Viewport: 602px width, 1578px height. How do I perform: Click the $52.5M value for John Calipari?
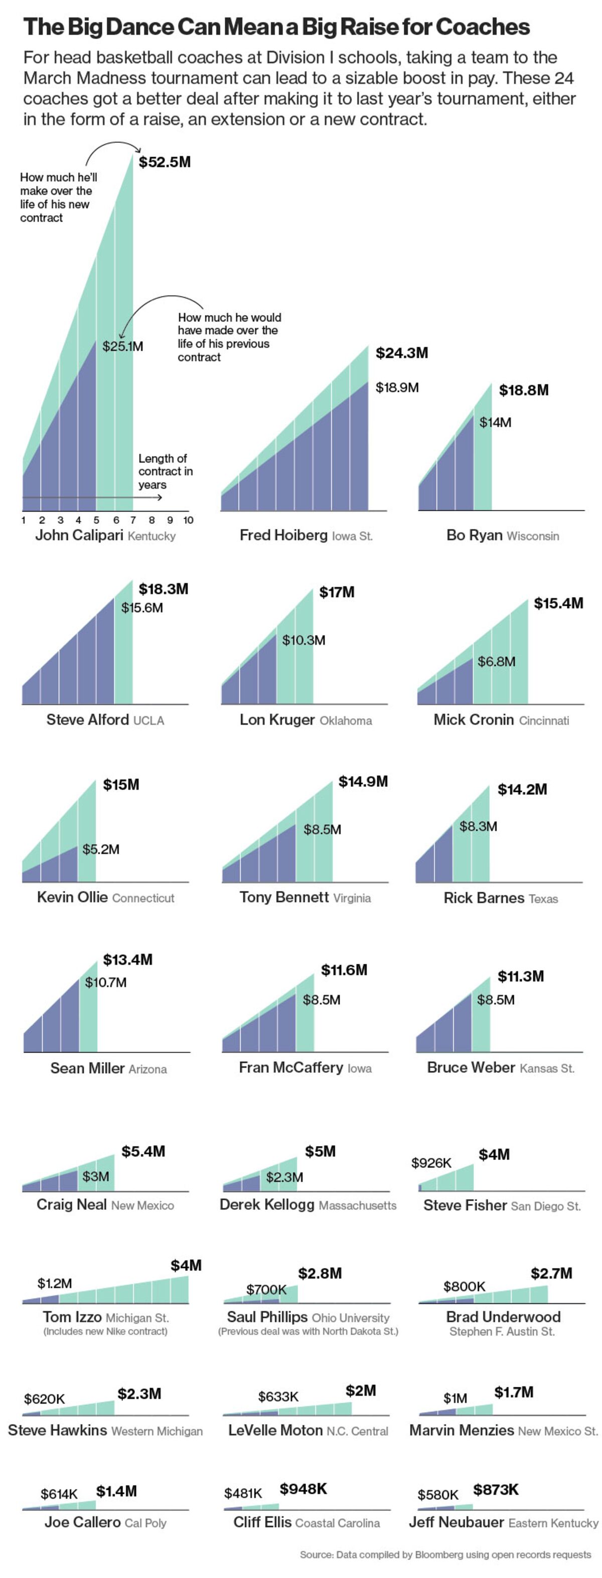[x=164, y=163]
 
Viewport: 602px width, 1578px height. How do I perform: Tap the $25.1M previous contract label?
[x=122, y=346]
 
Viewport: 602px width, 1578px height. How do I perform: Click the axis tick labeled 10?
[x=188, y=520]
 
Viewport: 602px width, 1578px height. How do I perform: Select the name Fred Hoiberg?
[x=283, y=535]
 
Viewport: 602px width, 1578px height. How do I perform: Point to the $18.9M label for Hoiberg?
[x=397, y=387]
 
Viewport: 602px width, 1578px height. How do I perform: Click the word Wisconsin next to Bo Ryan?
[x=533, y=536]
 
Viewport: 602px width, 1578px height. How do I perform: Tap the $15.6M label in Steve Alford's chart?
[x=142, y=608]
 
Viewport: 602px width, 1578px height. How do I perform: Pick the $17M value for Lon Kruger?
[x=337, y=592]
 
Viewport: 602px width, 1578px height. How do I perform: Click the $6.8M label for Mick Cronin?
[x=496, y=662]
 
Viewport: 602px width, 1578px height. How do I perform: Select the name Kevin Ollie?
[x=72, y=898]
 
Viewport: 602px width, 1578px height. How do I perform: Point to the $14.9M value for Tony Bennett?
[x=363, y=782]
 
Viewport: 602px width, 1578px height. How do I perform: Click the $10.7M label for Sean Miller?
[x=106, y=982]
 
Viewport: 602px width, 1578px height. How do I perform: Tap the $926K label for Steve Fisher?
[x=431, y=1163]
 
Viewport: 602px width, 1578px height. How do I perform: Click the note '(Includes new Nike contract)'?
[x=105, y=1331]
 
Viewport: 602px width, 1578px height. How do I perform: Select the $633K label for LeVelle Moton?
[x=278, y=1397]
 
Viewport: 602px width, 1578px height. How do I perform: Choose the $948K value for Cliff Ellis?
[x=303, y=1489]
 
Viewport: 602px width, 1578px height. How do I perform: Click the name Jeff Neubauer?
[x=456, y=1522]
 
